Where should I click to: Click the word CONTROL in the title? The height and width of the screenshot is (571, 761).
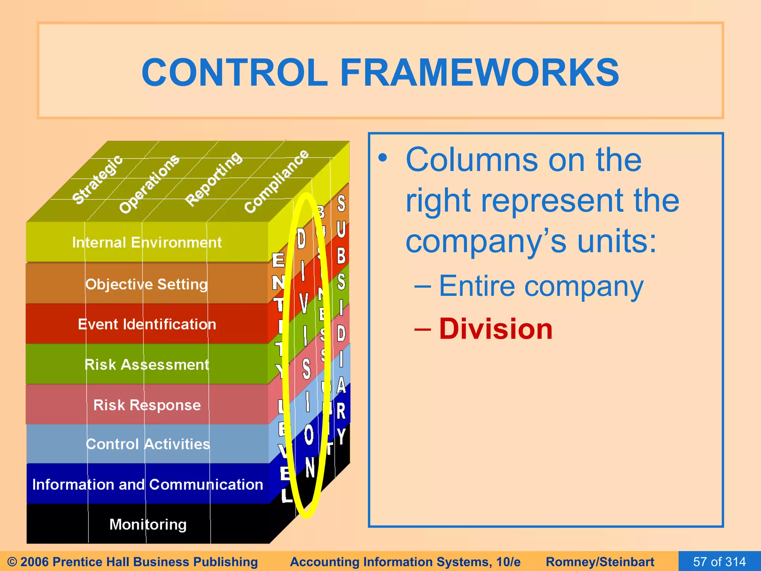pos(234,72)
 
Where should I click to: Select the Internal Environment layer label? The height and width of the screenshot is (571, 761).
pos(147,243)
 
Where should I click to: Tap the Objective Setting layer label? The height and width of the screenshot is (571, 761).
pos(146,284)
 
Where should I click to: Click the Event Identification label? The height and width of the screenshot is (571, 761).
pos(147,325)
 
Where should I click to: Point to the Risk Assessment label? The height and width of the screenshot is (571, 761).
pos(147,365)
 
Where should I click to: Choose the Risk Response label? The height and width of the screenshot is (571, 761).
pos(147,405)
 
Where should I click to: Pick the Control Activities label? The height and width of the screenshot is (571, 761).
pos(148,444)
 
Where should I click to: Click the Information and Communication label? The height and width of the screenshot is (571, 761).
pos(148,484)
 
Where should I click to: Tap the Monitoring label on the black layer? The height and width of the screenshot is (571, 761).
pos(148,525)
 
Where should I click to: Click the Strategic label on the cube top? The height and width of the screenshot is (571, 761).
pos(97,180)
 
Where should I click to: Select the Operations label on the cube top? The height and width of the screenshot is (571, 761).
pos(149,184)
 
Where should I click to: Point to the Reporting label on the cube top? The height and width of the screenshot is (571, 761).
pos(214,179)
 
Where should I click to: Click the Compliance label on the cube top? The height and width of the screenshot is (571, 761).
pos(276,181)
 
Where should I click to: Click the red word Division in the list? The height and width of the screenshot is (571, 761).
pos(496,329)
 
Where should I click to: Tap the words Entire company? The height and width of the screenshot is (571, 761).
pos(541,286)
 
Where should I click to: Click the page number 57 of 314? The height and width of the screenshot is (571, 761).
pos(719,561)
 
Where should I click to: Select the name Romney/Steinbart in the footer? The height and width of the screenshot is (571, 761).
pos(600,561)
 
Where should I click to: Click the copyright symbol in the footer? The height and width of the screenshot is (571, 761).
pos(12,562)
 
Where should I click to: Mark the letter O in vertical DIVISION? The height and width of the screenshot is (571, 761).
pos(308,435)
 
